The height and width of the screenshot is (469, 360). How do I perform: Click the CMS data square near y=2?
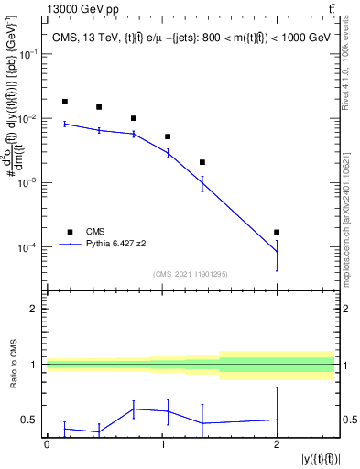[x=277, y=233]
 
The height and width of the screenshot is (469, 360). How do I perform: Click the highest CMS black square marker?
[x=64, y=102]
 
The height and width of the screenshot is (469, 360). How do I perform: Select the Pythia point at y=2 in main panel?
[x=277, y=252]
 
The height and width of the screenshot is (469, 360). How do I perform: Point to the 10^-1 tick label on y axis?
[x=30, y=55]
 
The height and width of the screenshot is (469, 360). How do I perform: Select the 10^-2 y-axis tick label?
[x=30, y=119]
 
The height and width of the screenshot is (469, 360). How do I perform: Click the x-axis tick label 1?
[x=161, y=443]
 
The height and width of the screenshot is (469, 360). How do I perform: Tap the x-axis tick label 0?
[x=47, y=443]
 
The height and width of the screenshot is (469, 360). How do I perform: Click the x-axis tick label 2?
[x=277, y=443]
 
